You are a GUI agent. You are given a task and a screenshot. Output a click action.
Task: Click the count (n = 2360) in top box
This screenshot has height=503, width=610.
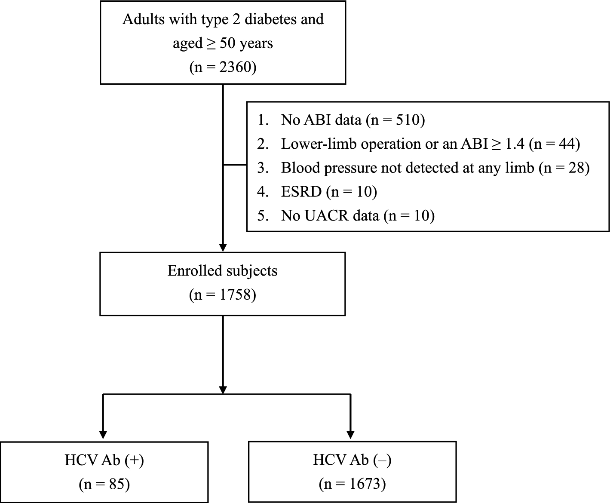(x=223, y=67)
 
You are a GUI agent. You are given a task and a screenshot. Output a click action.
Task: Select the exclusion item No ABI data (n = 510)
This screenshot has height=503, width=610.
(x=353, y=120)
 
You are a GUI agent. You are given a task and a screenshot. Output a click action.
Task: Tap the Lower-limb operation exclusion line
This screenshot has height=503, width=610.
(x=430, y=144)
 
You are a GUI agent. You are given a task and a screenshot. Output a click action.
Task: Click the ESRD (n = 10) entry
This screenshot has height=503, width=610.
(x=329, y=192)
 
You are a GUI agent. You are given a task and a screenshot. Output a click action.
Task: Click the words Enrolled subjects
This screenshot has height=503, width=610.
(x=222, y=271)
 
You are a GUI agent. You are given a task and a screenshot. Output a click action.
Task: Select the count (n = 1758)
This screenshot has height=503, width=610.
(x=223, y=295)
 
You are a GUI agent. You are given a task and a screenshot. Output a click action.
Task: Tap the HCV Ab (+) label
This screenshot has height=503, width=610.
(x=104, y=460)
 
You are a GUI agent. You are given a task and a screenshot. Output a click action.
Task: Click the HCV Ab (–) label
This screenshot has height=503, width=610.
(x=352, y=460)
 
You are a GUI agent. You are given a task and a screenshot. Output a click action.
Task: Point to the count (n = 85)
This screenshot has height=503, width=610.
(x=104, y=485)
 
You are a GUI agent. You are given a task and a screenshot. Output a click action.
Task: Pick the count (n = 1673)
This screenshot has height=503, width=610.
(x=352, y=485)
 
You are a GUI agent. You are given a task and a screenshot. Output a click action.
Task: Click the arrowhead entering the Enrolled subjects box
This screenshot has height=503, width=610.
(x=223, y=248)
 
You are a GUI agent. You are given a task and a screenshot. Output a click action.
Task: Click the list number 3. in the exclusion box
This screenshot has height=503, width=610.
(x=263, y=168)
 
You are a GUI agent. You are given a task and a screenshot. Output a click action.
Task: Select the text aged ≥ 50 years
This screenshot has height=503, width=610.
(x=223, y=43)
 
